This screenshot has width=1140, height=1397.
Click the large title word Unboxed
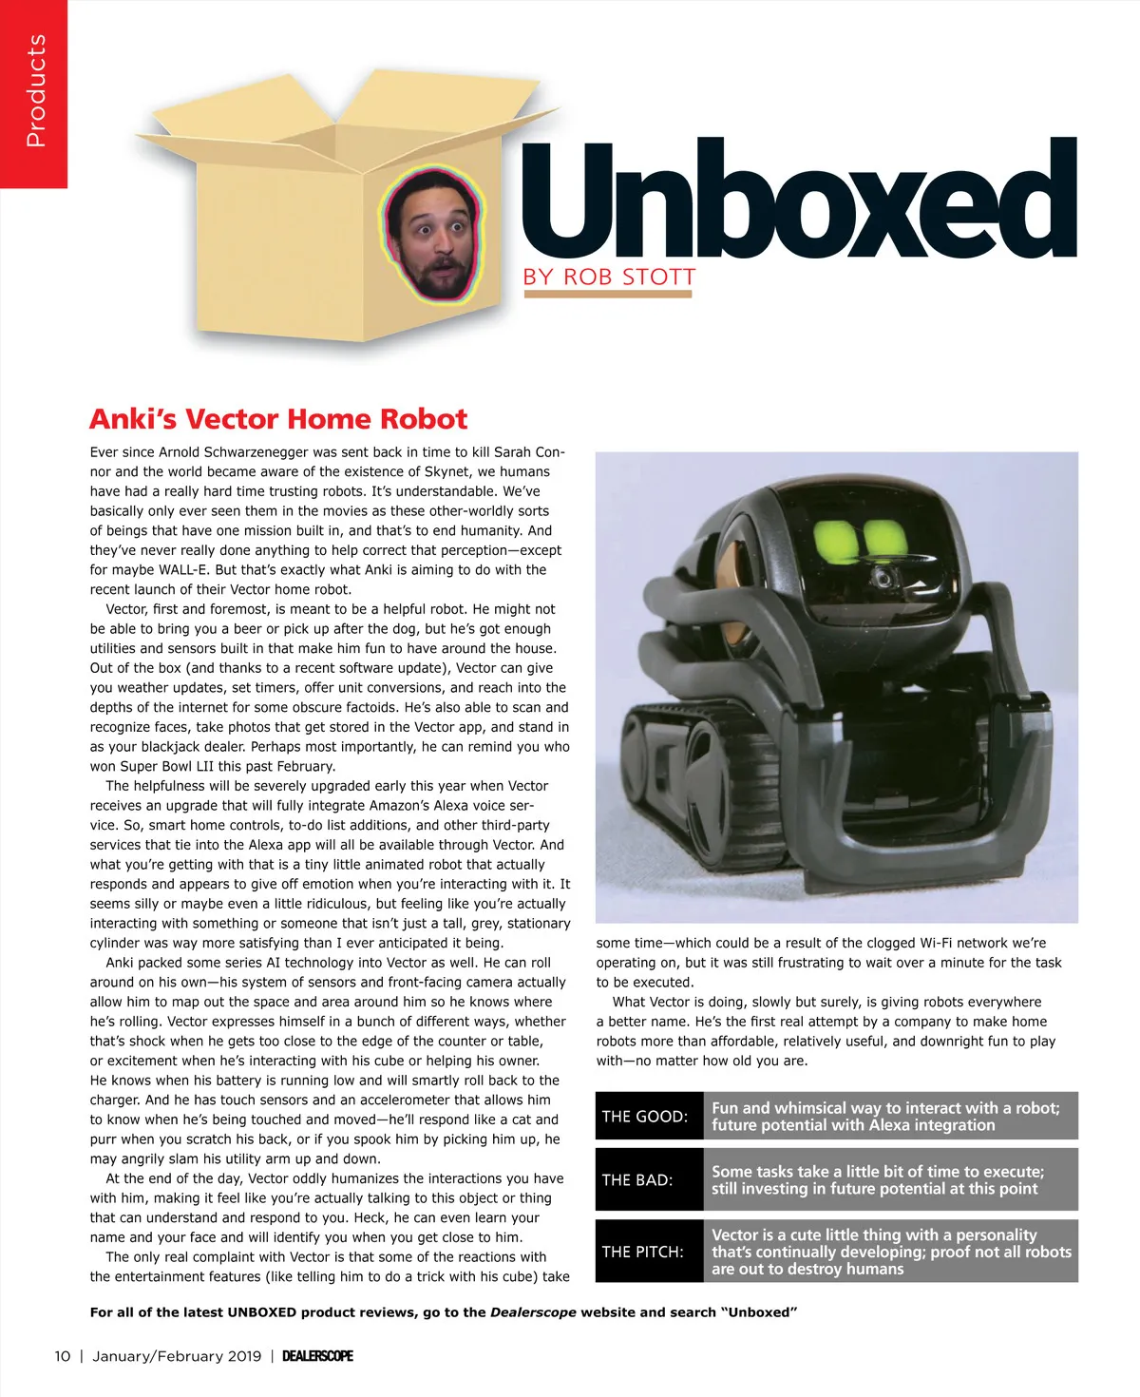798,201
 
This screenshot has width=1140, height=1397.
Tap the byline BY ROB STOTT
609,277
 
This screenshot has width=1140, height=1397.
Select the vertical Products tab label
35,91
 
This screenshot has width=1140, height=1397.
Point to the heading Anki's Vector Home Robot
278,419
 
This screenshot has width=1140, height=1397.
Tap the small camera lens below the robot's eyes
883,576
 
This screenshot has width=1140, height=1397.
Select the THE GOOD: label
645,1117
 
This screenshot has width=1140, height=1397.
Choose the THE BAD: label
637,1180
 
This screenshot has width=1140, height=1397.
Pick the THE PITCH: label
642,1252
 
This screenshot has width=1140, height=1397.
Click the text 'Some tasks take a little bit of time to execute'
877,1172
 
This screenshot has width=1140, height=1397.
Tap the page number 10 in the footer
63,1356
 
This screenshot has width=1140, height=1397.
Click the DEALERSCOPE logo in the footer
317,1356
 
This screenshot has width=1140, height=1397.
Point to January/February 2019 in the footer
177,1356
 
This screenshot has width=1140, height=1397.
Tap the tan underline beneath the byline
608,295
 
